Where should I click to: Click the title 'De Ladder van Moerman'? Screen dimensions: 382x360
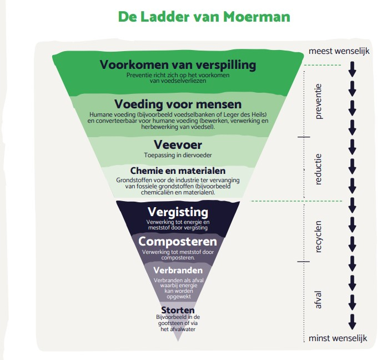(204, 17)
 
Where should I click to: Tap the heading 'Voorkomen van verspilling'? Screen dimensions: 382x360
(178, 65)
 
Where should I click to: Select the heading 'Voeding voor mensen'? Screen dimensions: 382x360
(178, 104)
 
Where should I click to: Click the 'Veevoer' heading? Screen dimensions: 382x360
(178, 145)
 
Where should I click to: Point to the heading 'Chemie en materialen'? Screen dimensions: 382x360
(178, 171)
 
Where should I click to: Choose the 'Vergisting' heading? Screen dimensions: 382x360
(178, 212)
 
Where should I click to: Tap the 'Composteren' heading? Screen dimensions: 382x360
(178, 242)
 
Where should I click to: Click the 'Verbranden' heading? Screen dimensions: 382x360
(178, 271)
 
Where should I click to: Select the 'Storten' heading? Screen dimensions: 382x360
(178, 310)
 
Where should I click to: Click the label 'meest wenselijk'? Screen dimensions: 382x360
(339, 51)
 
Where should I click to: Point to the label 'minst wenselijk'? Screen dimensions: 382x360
(338, 338)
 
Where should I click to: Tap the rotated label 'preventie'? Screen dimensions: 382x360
(318, 102)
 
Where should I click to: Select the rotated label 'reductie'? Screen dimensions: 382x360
(318, 169)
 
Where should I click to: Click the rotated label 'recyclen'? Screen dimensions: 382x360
(318, 237)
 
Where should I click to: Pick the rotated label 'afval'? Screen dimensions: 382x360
(318, 299)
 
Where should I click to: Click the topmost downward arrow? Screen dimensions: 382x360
(352, 69)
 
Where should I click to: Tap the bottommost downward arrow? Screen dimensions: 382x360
(352, 322)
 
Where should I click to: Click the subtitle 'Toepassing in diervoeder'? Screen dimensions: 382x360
(178, 155)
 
